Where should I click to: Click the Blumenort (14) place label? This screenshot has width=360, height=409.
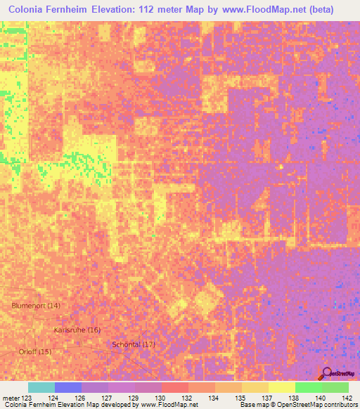(x=36, y=305)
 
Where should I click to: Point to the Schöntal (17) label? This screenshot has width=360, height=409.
(x=134, y=344)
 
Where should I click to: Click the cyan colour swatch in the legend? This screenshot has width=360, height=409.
(x=41, y=387)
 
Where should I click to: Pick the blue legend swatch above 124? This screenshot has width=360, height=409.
(x=67, y=387)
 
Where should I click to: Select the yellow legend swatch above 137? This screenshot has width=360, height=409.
(x=255, y=387)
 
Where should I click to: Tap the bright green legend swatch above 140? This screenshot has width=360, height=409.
(x=308, y=387)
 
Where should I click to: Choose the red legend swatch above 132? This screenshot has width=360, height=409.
(x=174, y=387)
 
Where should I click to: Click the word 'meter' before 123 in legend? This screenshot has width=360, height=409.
(x=11, y=398)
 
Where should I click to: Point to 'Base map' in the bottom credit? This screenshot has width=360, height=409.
(x=252, y=405)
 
